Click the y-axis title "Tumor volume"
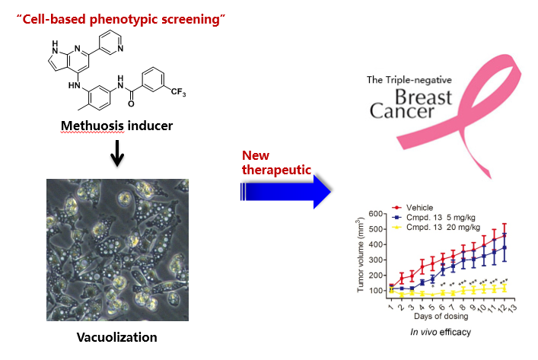coord(363,251)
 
